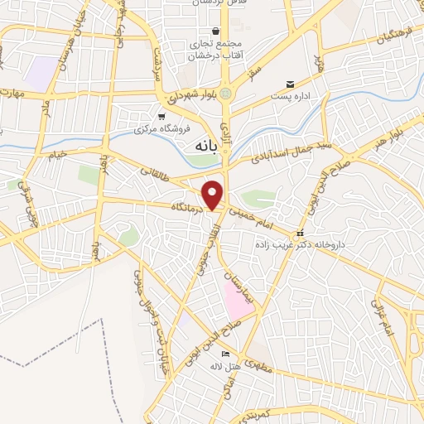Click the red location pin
214,195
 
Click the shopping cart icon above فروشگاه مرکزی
162,117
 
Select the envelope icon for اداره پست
290,84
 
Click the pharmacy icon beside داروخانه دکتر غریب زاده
301,233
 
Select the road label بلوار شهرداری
196,93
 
